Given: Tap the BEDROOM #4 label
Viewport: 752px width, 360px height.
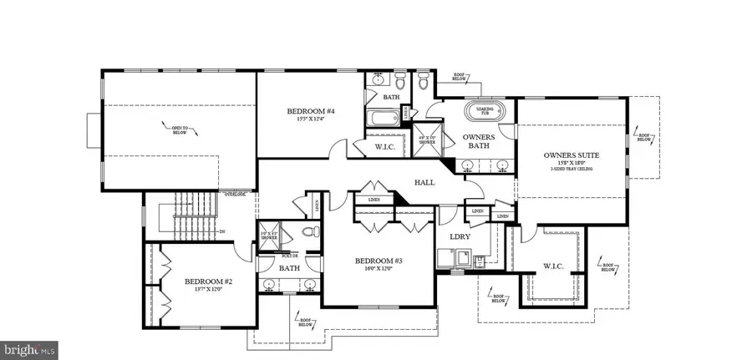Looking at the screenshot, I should coord(311,111).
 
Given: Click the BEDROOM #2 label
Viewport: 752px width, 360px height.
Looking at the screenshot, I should coord(208,282).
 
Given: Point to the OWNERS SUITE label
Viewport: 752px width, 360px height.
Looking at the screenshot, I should coord(572,155).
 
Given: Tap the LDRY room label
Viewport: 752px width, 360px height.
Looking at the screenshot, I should coord(460,236).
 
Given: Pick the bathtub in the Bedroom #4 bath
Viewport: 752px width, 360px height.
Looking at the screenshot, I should coord(384,118).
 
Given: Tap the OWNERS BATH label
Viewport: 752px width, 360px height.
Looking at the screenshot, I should coord(480,143).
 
